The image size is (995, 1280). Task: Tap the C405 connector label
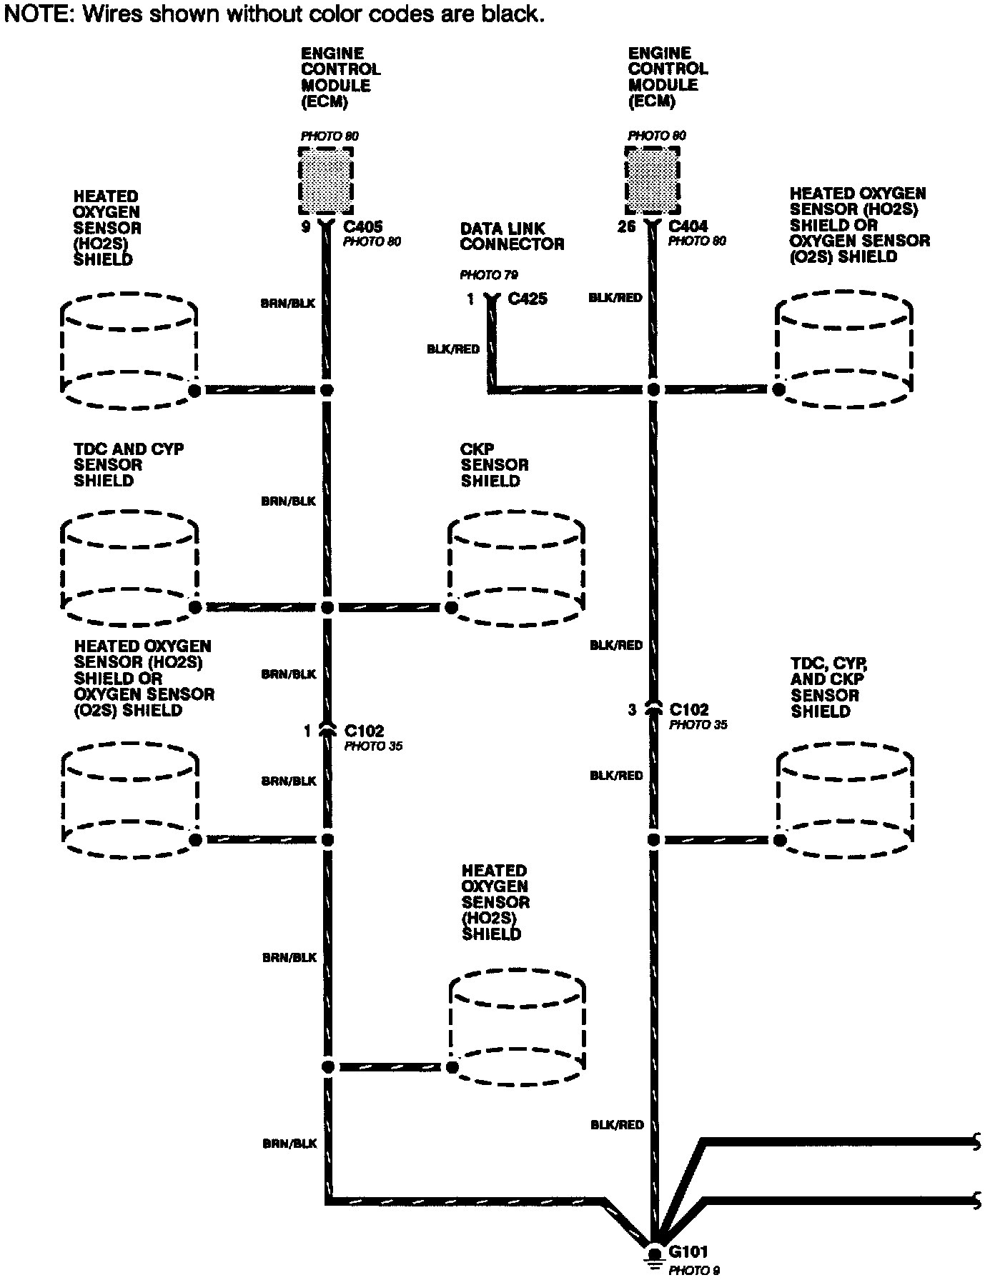tap(363, 226)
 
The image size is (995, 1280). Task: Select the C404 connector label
tap(688, 226)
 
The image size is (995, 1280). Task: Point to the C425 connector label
tap(528, 299)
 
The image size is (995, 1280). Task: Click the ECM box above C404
tap(652, 180)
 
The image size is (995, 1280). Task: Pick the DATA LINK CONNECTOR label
tap(512, 236)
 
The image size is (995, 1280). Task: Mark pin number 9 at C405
tap(305, 227)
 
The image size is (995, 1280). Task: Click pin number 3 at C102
tap(632, 710)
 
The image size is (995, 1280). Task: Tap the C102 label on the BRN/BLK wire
tap(364, 731)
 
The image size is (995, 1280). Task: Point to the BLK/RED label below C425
tap(453, 349)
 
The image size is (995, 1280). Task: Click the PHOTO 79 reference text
tap(489, 275)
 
